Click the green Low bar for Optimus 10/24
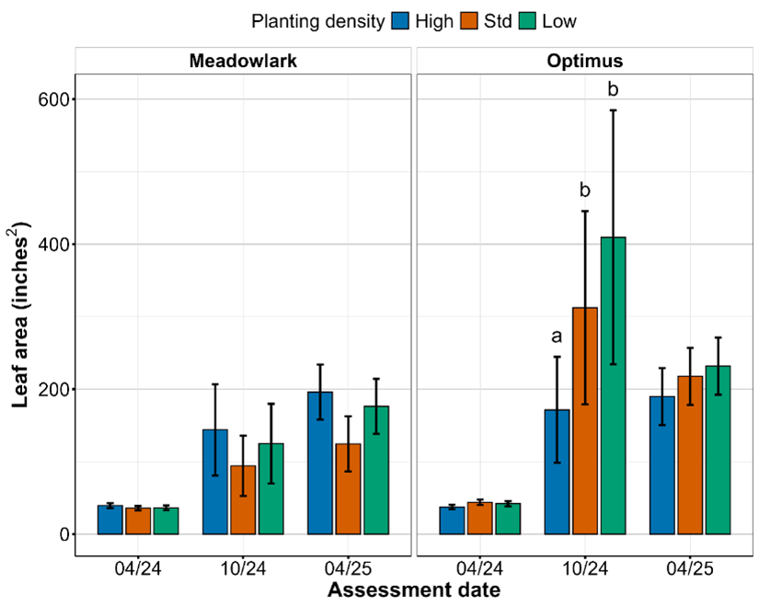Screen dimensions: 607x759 click(614, 386)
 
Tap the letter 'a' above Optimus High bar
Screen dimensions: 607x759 click(557, 337)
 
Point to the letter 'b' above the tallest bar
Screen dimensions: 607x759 click(614, 90)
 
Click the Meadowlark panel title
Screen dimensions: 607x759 click(242, 62)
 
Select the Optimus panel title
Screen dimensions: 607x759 click(585, 62)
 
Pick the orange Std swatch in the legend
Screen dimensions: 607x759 click(473, 20)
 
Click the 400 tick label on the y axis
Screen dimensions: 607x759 click(50, 245)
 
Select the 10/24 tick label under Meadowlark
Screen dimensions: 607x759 click(243, 568)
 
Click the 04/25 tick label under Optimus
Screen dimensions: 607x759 click(690, 568)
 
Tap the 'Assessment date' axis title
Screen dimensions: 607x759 click(413, 590)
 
